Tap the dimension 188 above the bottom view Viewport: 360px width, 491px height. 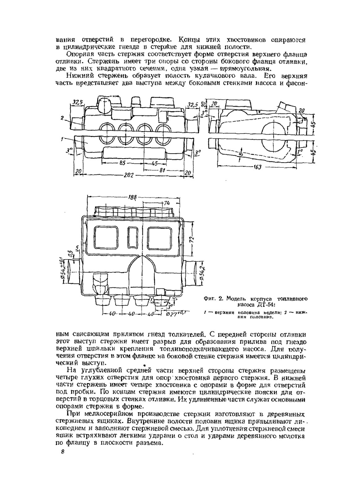132,197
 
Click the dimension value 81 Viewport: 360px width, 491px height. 162,170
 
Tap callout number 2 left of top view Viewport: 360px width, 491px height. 62,118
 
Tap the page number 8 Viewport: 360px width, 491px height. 62,452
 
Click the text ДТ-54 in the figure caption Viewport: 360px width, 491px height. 264,304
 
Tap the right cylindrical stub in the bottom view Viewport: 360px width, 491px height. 195,273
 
